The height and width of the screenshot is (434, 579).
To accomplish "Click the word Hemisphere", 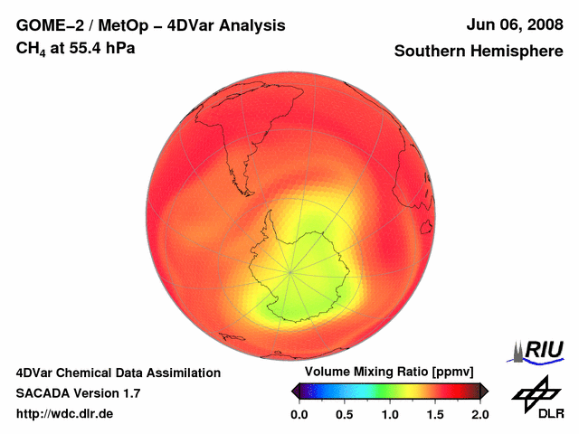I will (x=515, y=52).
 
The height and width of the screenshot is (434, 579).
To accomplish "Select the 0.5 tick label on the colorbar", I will (x=344, y=414).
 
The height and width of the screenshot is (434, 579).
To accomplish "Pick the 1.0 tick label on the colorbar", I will (x=389, y=414).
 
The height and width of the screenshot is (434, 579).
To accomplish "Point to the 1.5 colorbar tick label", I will (x=434, y=414).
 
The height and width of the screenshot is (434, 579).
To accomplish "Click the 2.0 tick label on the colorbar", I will (x=479, y=414).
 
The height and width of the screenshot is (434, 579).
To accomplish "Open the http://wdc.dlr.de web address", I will (x=65, y=414).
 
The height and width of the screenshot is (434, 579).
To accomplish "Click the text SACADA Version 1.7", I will (x=78, y=393).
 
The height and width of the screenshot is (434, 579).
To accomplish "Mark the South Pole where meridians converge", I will (x=290, y=270).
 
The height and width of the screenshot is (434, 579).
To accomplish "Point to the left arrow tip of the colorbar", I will (x=292, y=391).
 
